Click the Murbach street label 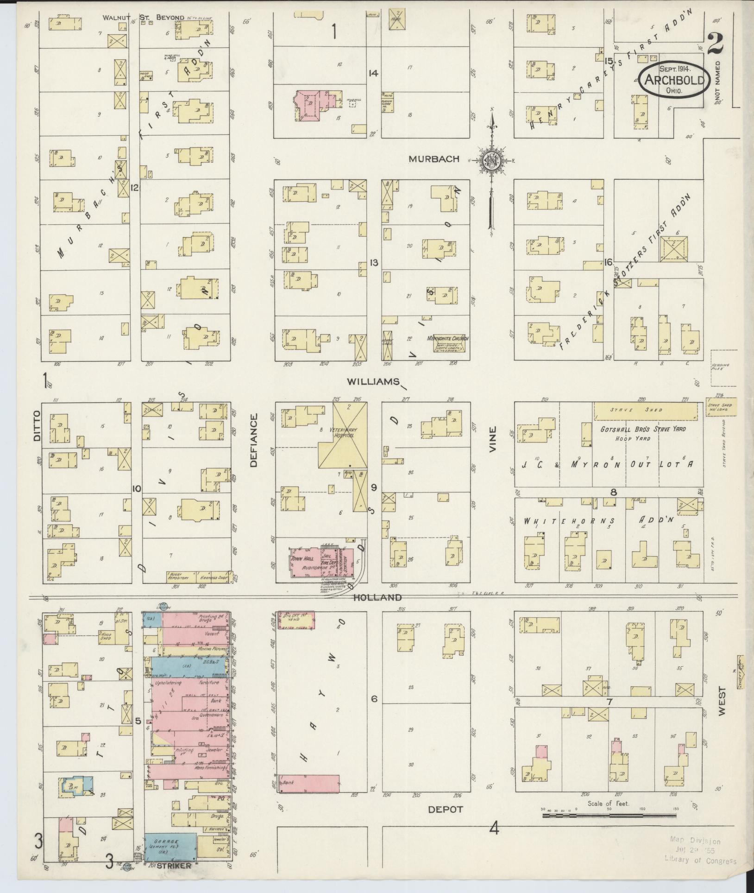click(434, 159)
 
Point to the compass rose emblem click(490, 161)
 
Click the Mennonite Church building click(451, 343)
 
